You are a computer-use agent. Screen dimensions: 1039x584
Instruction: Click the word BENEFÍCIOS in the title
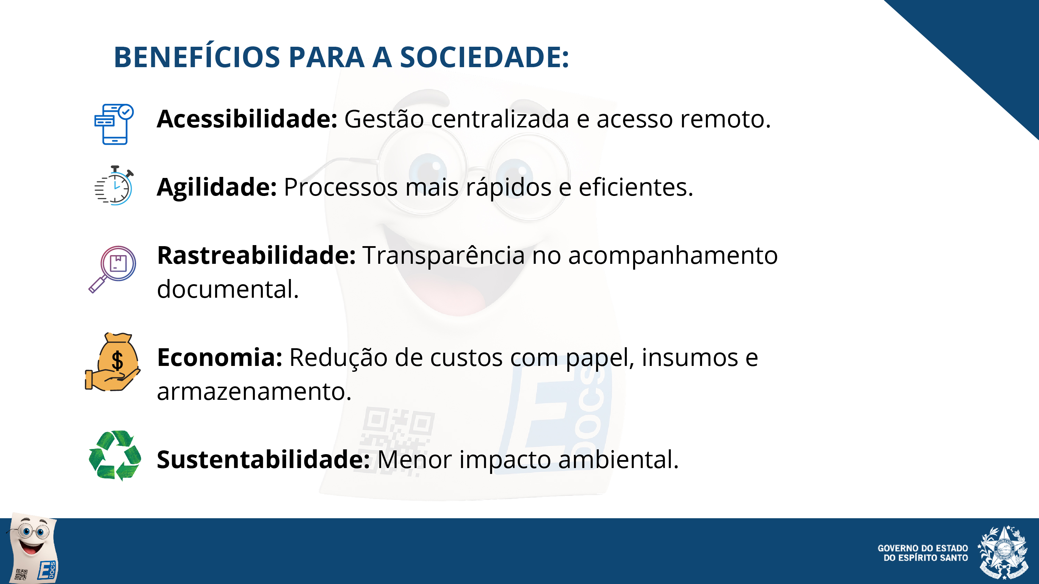point(197,57)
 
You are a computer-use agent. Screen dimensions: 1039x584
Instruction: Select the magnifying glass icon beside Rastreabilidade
point(113,269)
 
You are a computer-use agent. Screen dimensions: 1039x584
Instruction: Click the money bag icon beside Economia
point(113,361)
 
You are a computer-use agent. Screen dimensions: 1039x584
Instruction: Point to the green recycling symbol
point(115,456)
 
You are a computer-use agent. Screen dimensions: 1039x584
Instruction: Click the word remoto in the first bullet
point(725,120)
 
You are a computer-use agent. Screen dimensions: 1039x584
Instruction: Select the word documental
point(228,289)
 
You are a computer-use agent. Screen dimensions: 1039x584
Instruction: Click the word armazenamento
point(254,392)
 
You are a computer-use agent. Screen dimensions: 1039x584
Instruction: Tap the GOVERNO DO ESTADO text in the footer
point(923,548)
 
